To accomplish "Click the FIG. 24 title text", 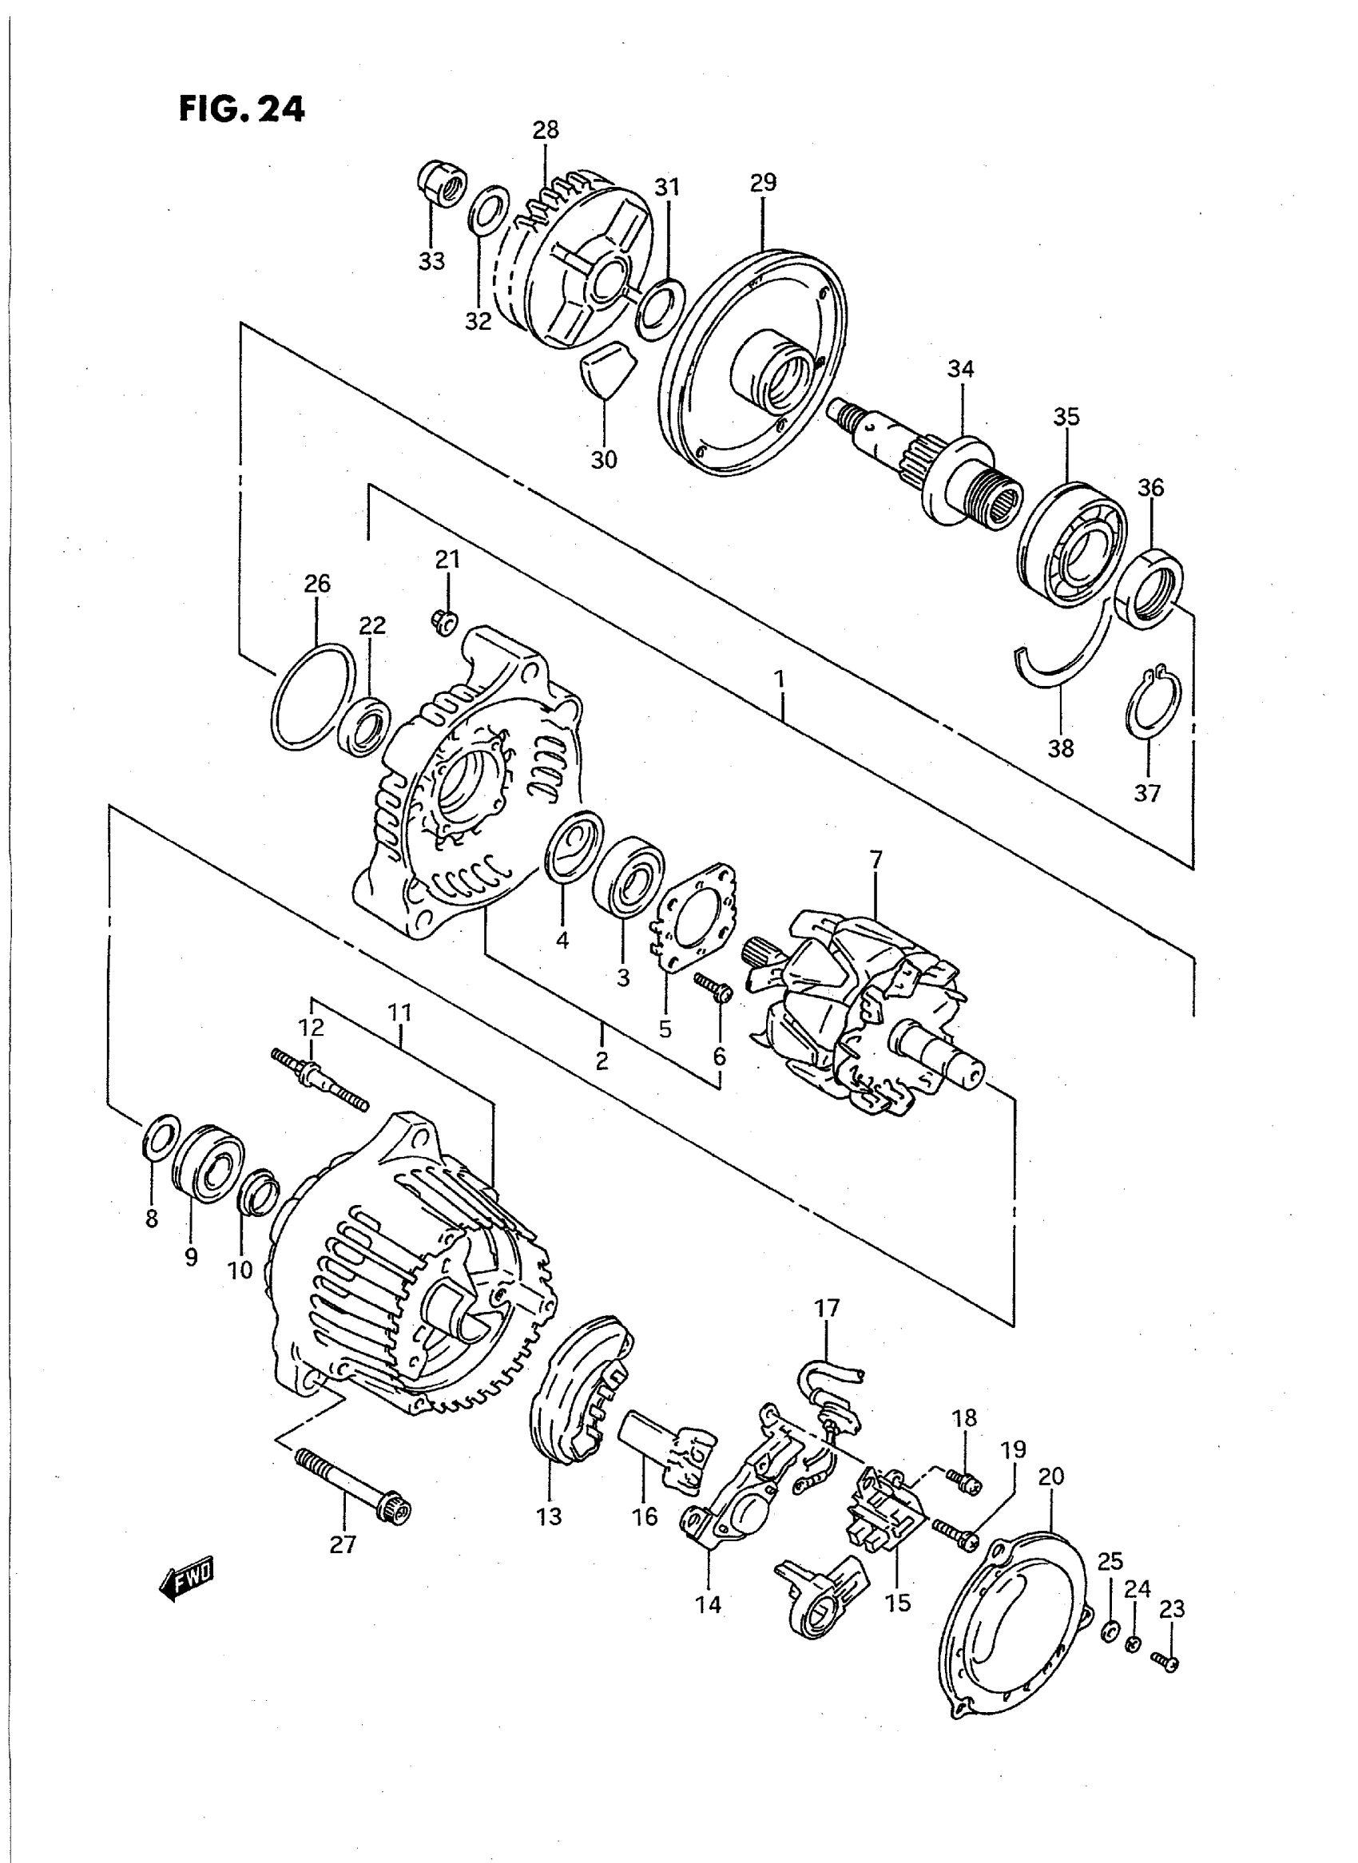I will [242, 109].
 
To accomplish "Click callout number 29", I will [763, 182].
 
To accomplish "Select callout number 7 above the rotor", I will [876, 860].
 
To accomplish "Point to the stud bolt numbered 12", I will [320, 1080].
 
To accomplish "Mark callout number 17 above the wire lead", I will [827, 1307].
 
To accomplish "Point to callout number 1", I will [779, 680].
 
